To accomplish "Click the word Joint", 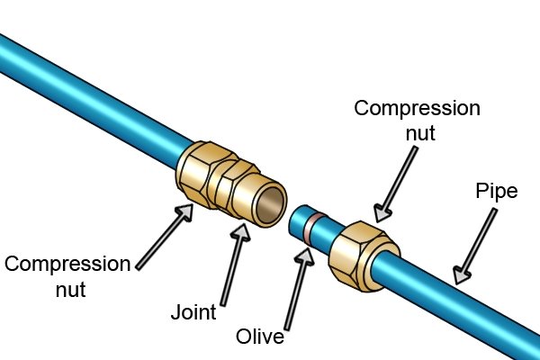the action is click(193, 312).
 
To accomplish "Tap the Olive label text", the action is click(260, 337).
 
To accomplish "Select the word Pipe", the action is click(497, 192).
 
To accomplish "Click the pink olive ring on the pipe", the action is click(312, 228).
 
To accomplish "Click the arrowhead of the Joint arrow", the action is click(241, 232).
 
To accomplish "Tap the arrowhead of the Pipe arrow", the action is click(461, 274).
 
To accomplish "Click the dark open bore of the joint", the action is click(272, 206).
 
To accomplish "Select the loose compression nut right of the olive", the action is click(364, 256).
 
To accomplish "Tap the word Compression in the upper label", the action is click(417, 109).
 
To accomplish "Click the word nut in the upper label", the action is click(420, 134).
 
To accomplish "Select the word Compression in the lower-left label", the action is click(67, 265).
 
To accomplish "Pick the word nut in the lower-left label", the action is click(70, 290).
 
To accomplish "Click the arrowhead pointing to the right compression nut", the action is click(382, 213).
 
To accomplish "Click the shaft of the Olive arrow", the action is click(295, 297).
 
